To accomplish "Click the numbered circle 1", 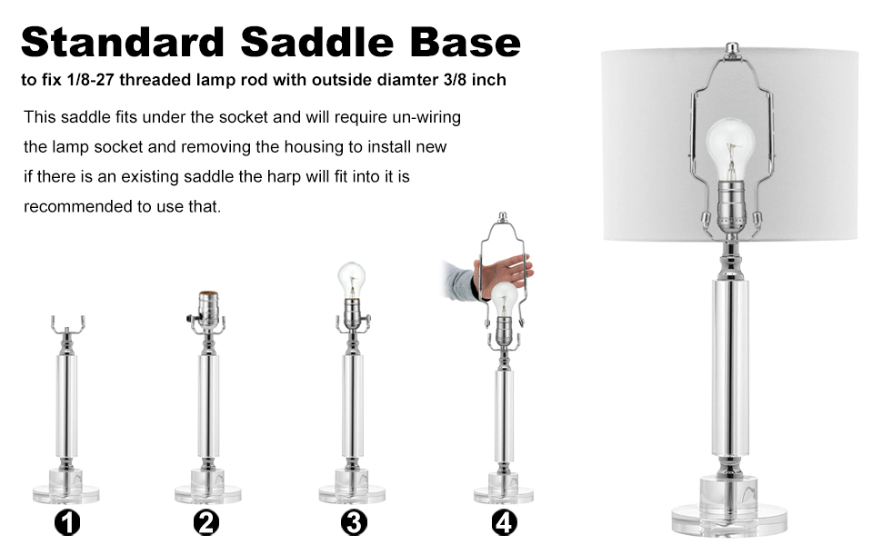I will point(67,522).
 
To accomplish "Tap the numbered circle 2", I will point(207,522).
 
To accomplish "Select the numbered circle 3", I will point(354,522).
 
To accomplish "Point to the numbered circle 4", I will point(504,522).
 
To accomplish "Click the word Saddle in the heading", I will point(326,42).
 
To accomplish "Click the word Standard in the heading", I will point(123,42).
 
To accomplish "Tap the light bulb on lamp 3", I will point(351,277).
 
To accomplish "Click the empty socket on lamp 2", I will point(208,309).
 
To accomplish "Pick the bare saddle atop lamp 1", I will point(67,325).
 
